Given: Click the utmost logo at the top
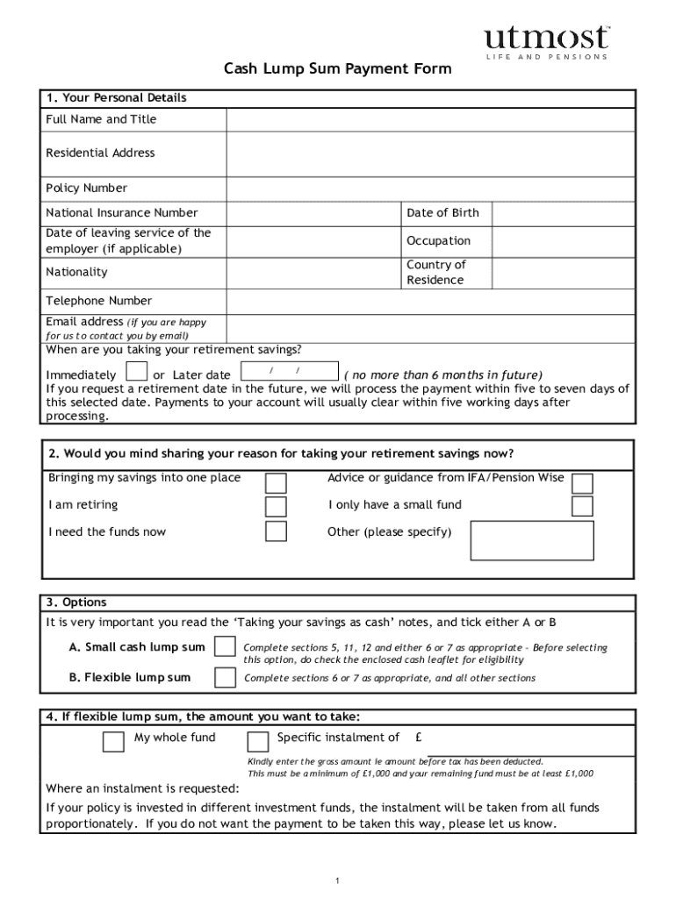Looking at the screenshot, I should click(545, 40).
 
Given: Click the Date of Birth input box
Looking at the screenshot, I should click(562, 213).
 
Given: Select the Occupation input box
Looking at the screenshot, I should click(562, 241).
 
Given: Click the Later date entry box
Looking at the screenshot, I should click(288, 372).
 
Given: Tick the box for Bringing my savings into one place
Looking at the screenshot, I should click(276, 483).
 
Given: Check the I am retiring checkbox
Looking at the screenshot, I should click(276, 507).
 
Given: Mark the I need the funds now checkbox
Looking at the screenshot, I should click(276, 531).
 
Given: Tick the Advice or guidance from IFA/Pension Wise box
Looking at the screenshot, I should click(582, 483).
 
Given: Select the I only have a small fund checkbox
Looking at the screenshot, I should click(582, 506).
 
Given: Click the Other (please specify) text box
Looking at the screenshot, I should click(532, 540).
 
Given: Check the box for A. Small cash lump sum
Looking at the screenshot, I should click(226, 647).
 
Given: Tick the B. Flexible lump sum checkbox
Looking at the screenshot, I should click(226, 678).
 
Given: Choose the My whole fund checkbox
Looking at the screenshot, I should click(113, 742).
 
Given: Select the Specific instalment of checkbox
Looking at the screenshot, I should click(258, 742).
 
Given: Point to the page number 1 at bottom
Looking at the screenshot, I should click(337, 880).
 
